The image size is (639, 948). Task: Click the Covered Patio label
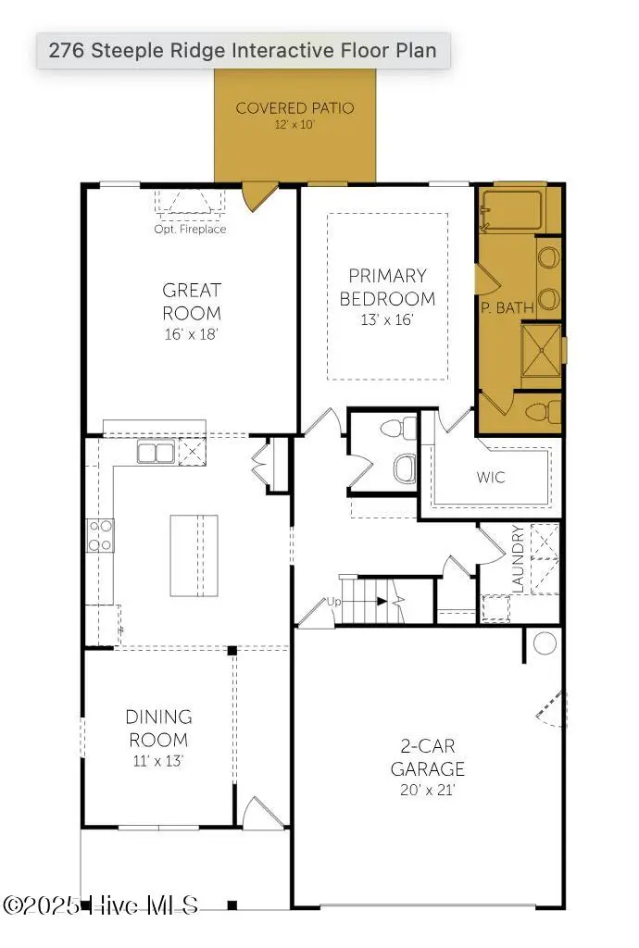pos(294,108)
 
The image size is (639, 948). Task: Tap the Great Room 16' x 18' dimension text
pos(191,333)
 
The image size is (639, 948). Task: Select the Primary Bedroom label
pos(387,287)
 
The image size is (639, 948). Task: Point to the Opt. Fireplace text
pos(190,230)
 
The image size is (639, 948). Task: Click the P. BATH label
pos(507,307)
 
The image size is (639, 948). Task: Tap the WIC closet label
pos(490,477)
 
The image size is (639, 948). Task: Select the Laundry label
pos(518,558)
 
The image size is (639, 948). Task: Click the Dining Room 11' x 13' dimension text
pos(157,761)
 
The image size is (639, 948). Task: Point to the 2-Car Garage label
pos(428,757)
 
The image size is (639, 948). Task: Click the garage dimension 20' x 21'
pos(427,790)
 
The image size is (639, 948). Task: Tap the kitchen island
pos(194,555)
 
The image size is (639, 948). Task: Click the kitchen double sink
pos(156,452)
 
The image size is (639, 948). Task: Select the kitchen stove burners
pos(100,536)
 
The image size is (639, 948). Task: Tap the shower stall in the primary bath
pos(542,350)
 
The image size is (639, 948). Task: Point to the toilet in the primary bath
pos(544,412)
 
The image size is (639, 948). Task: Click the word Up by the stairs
pos(333,602)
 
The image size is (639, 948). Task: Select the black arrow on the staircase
pos(382,601)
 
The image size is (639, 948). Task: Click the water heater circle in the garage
pos(545,643)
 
